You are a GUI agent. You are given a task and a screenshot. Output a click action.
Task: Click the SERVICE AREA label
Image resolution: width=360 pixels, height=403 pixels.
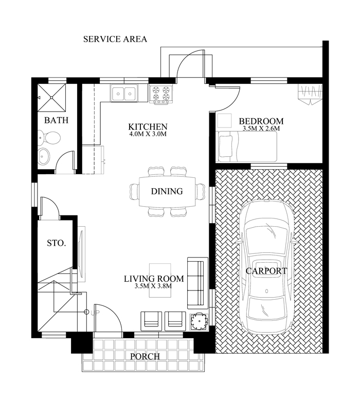point(115,39)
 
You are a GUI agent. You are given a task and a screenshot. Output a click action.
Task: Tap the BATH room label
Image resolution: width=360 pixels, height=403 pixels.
point(57,120)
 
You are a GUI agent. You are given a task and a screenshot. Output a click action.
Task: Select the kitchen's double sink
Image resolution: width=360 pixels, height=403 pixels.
point(124,93)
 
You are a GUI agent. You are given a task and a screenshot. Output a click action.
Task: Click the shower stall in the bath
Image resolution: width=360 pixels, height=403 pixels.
point(51,98)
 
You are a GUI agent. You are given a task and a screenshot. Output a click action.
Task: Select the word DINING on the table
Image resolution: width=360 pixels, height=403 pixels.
point(167,191)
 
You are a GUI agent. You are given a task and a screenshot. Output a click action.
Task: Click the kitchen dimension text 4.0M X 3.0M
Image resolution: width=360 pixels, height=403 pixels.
point(148,134)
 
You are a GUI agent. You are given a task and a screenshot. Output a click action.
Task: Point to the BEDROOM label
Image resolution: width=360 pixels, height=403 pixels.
point(261,121)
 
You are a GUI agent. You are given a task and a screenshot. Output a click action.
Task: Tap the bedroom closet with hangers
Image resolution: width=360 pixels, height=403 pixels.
point(310,95)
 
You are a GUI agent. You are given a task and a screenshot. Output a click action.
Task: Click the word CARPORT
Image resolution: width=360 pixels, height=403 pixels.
point(266,271)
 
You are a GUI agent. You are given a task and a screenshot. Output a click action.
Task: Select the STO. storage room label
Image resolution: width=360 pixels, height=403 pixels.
point(57,243)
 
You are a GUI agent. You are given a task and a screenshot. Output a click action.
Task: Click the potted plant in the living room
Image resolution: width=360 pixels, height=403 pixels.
point(199,322)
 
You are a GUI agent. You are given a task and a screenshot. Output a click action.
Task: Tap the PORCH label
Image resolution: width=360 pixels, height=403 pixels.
point(145,357)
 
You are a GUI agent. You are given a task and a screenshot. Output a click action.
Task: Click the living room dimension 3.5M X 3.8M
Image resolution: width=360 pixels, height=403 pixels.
point(153,286)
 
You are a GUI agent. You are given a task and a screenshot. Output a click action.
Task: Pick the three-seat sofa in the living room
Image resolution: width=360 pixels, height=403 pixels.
point(197,283)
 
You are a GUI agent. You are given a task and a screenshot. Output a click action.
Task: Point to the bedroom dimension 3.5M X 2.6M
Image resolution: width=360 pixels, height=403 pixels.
point(261,129)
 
